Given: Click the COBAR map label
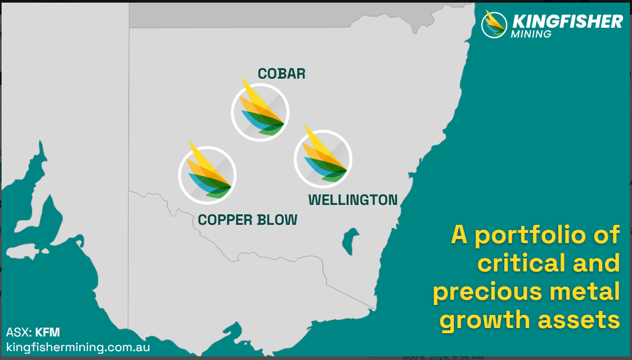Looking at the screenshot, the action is coord(281,74).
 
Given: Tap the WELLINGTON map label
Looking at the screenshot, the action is coord(353,200).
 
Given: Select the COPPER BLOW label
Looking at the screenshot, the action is coord(248,220).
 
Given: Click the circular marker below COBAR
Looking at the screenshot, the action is coord(260,112).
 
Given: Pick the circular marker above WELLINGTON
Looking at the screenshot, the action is coord(323,159).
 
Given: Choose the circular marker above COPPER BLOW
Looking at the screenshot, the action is coord(207,176).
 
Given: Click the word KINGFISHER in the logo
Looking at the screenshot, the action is coord(568,21).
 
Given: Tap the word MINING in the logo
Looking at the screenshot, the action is coord(531,34).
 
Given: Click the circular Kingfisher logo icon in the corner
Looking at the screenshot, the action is coord(494,25).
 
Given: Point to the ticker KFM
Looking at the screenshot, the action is coord(48,332).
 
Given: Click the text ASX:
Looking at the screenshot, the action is coord(19,332).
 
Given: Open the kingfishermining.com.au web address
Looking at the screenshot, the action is coord(78,347).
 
